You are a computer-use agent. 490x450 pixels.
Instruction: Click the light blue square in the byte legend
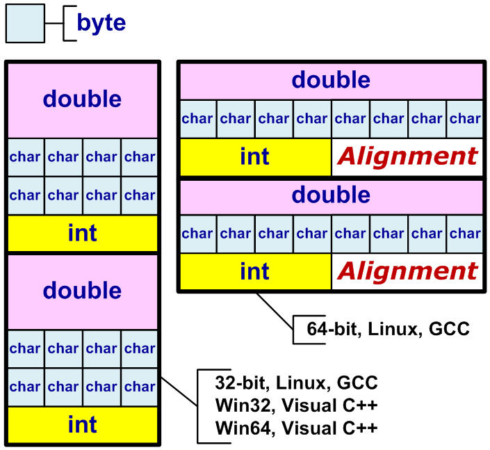pos(26,23)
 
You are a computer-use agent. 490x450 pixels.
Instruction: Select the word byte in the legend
pos(101,23)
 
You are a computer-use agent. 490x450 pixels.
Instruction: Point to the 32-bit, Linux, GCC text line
pos(296,383)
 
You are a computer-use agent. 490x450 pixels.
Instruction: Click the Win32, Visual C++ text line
pos(296,405)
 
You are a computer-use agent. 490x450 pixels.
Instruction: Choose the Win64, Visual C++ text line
pos(296,426)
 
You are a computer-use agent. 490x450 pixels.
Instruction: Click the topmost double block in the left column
pos(83,99)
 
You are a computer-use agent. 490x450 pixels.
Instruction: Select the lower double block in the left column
pos(83,291)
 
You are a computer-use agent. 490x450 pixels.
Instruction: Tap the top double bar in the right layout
pos(331,80)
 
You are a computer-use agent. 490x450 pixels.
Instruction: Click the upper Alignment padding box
pos(407,156)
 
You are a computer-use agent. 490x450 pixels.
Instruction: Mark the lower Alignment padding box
pos(407,271)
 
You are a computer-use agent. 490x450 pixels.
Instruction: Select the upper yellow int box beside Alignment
pos(255,156)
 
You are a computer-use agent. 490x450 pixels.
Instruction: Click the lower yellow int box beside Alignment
pos(255,271)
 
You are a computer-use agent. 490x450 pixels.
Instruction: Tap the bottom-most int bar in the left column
pos(83,424)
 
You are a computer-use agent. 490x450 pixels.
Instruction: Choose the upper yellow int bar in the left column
pos(83,233)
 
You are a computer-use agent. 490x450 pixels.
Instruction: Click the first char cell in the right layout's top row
pos(198,118)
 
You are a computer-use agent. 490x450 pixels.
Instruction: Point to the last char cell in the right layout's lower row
pos(464,234)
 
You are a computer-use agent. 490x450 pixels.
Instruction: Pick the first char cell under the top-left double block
pos(26,157)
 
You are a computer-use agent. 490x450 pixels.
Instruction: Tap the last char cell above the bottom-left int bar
pos(140,387)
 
